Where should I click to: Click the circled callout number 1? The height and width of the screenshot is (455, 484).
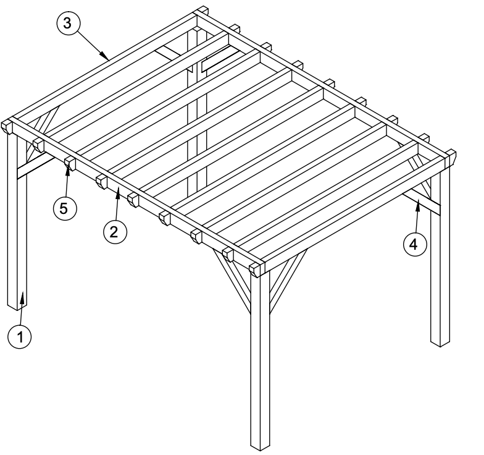click(x=20, y=336)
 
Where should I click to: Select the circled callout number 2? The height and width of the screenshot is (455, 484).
click(x=115, y=231)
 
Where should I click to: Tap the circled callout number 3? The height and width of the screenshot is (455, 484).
click(x=68, y=23)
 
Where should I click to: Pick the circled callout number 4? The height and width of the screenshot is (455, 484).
click(x=415, y=245)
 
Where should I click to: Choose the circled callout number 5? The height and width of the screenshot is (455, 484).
click(x=64, y=209)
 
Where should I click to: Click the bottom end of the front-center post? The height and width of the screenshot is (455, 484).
click(x=259, y=447)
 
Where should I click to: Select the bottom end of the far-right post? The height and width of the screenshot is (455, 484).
click(x=440, y=343)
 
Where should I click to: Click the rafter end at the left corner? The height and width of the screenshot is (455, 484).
click(x=7, y=127)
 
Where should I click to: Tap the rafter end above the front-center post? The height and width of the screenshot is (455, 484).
click(x=256, y=270)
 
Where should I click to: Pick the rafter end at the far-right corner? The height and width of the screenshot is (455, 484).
click(x=451, y=157)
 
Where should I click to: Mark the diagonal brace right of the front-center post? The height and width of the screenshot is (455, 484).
click(x=288, y=281)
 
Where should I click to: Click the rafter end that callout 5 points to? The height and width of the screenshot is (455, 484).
click(x=70, y=163)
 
